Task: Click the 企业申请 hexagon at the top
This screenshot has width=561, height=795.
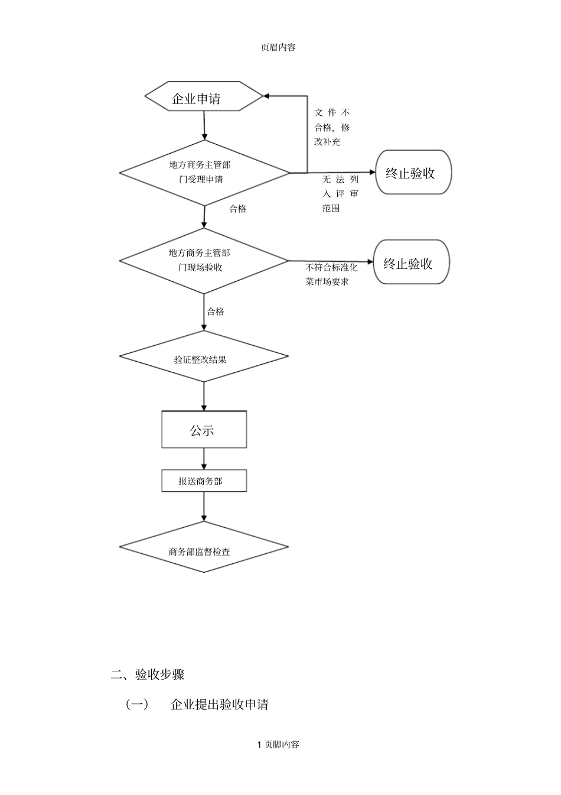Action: pyautogui.click(x=204, y=96)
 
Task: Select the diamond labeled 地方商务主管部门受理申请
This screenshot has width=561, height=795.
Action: pyautogui.click(x=204, y=173)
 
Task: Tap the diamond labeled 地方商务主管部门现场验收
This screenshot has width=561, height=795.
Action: pyautogui.click(x=204, y=260)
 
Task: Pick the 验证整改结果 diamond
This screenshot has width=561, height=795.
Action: pyautogui.click(x=204, y=356)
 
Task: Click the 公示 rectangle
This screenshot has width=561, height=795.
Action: pyautogui.click(x=204, y=430)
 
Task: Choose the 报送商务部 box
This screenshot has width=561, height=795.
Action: pyautogui.click(x=204, y=481)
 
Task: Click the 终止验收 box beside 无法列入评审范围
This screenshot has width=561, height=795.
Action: pyautogui.click(x=413, y=173)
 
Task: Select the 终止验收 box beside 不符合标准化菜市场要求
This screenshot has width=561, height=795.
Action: pyautogui.click(x=411, y=262)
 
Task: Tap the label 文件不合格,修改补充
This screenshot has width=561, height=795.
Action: pyautogui.click(x=332, y=127)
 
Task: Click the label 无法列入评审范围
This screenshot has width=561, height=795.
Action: pyautogui.click(x=340, y=194)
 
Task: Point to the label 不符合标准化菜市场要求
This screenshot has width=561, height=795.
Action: pyautogui.click(x=331, y=275)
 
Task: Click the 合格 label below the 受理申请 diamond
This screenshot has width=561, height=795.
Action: pyautogui.click(x=238, y=209)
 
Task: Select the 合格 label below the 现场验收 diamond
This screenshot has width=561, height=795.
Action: pyautogui.click(x=216, y=311)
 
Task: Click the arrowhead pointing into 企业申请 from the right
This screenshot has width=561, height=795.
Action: pyautogui.click(x=267, y=96)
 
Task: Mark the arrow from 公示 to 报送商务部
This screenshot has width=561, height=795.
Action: pyautogui.click(x=204, y=459)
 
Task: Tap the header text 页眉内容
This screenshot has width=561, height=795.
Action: pyautogui.click(x=278, y=48)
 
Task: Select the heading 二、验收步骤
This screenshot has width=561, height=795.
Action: pyautogui.click(x=148, y=674)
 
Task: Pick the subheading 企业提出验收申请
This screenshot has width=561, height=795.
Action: pyautogui.click(x=219, y=705)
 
